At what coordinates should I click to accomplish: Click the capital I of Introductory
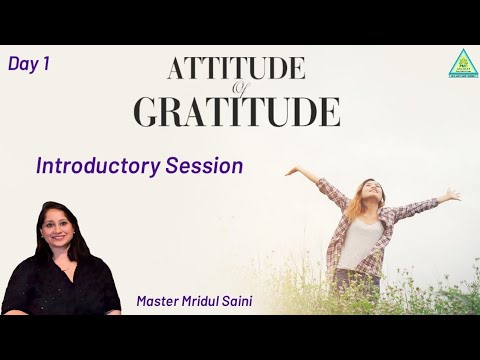point(39,166)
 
